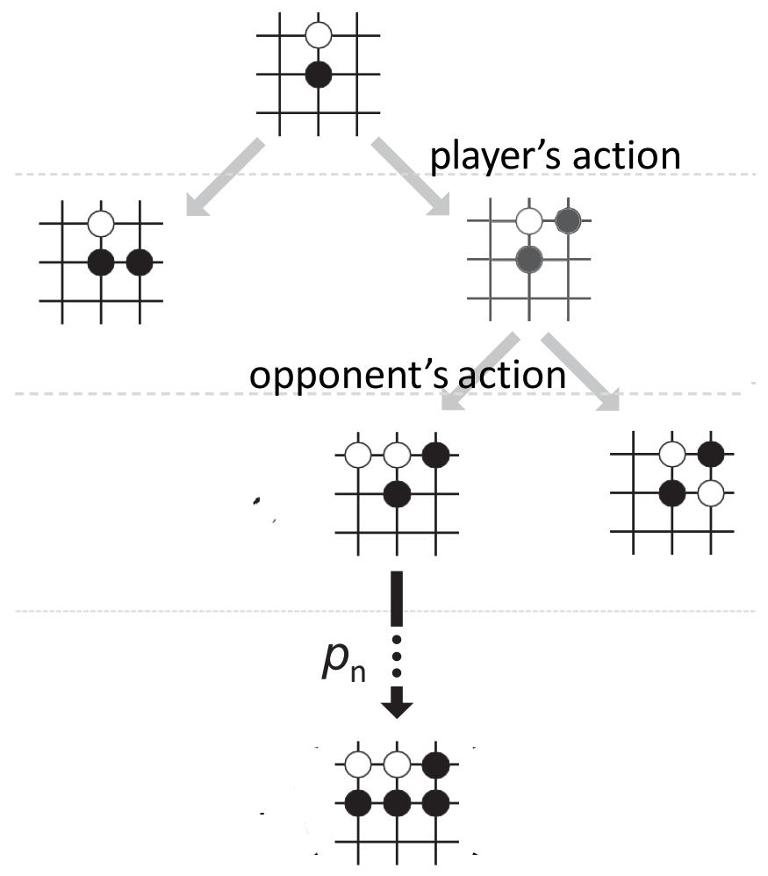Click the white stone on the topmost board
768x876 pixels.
click(319, 36)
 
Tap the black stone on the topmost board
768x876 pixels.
click(319, 75)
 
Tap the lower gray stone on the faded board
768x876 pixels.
click(528, 259)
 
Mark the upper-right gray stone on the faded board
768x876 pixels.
click(567, 220)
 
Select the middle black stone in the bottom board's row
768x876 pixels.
click(398, 802)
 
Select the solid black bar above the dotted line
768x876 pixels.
click(397, 602)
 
